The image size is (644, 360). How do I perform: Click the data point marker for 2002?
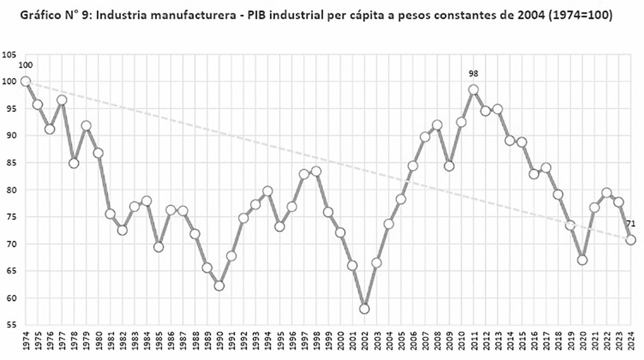coord(364,309)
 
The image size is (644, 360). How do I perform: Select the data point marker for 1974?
coord(26,81)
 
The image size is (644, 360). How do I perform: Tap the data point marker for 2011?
coord(473,90)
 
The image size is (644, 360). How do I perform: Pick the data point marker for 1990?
coord(219,286)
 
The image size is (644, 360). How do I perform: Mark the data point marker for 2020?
coord(582,260)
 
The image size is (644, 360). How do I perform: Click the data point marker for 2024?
coord(631,240)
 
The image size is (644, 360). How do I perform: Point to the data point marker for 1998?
coord(316,171)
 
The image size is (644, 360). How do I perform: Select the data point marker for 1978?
coord(74,163)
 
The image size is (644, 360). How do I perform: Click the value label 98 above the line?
coord(473,74)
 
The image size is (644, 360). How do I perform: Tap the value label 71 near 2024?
coord(631,224)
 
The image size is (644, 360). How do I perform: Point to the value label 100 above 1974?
coord(26,66)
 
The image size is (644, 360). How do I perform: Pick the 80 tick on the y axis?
coord(11,190)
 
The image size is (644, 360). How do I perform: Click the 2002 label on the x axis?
coord(364,343)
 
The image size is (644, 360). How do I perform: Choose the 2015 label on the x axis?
coord(521,343)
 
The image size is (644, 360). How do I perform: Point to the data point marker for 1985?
coord(159,247)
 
